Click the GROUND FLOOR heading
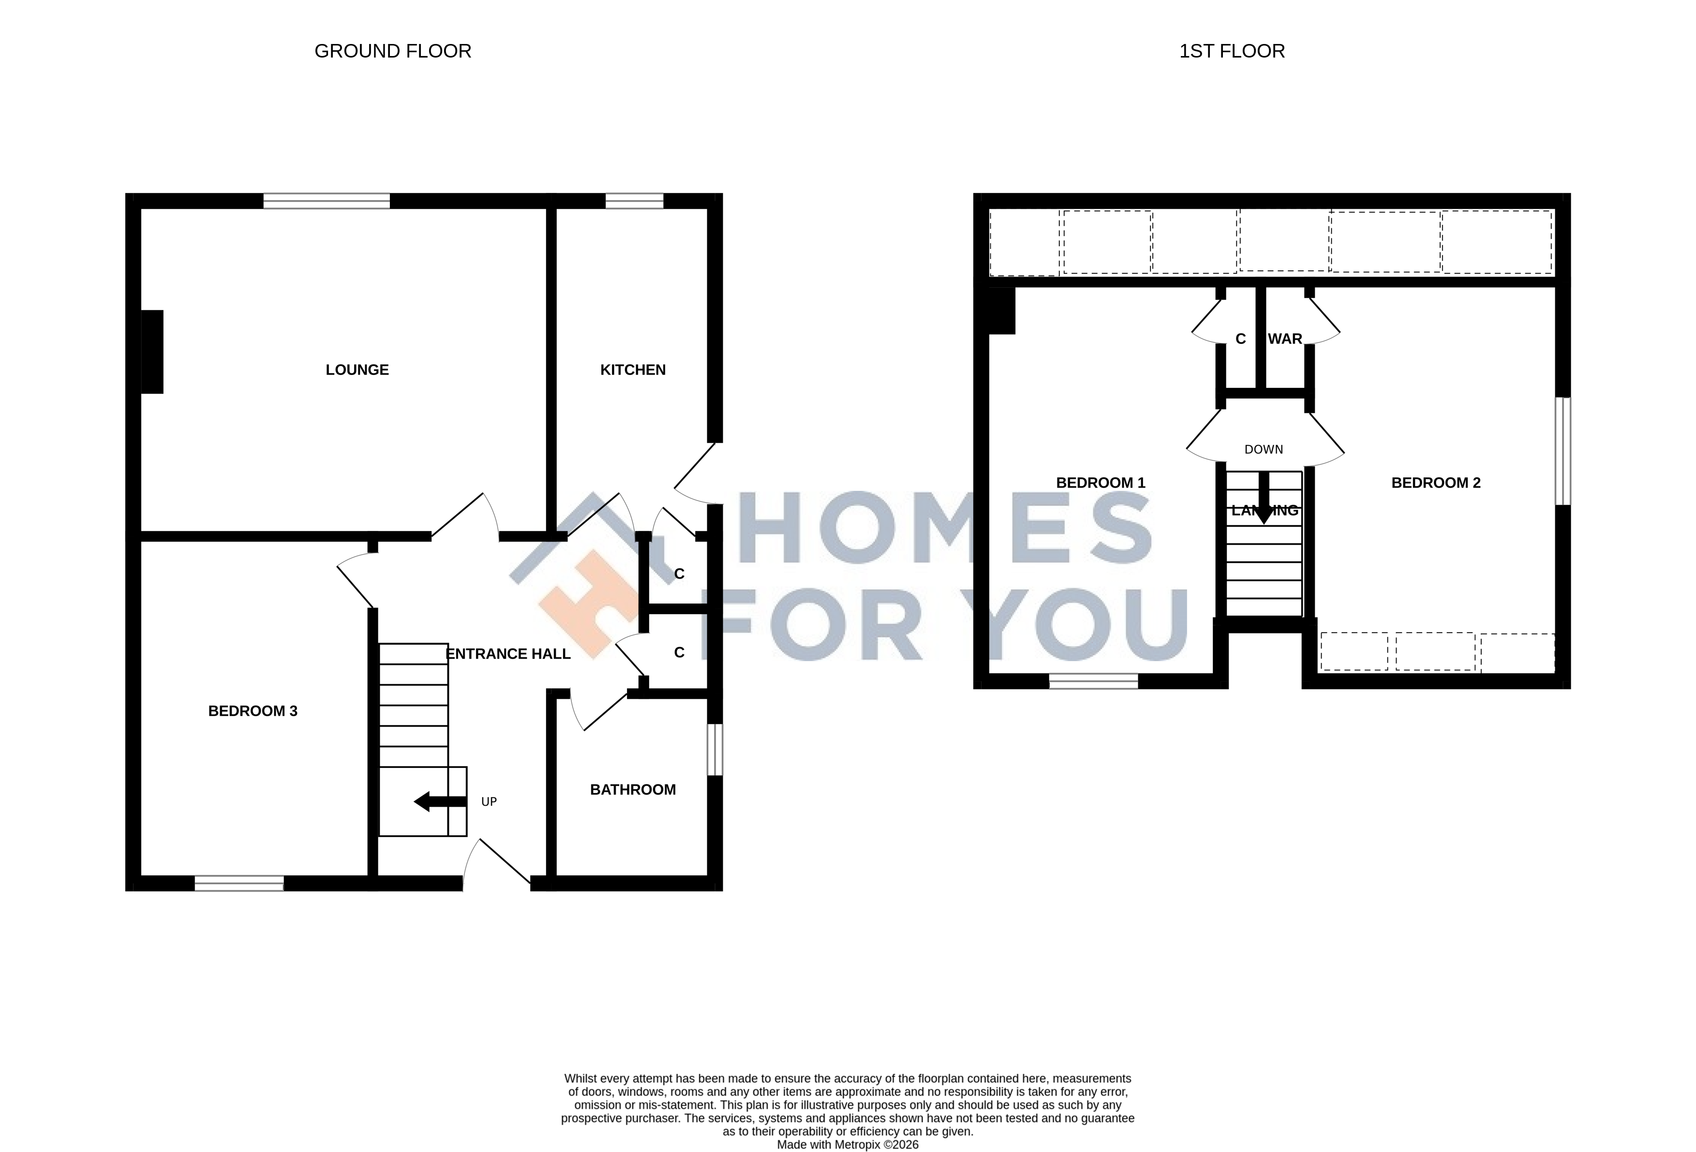393,51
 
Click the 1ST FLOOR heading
1232,51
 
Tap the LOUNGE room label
357,370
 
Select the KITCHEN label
633,370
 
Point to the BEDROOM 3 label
253,710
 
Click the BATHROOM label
633,789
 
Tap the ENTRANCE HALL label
508,654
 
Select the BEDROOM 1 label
1101,482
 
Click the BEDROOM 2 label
1435,482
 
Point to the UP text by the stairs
489,802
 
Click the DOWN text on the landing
1263,449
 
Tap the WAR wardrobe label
1285,339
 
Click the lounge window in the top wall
326,201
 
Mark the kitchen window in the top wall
634,201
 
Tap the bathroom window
715,749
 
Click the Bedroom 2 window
1562,450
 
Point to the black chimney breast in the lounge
152,352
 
